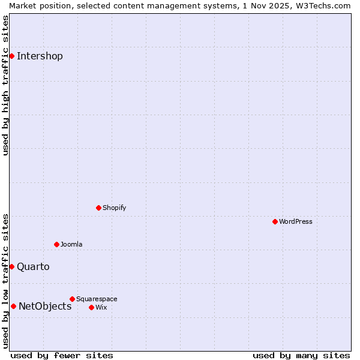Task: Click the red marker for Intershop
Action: pos(11,56)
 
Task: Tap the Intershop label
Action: pos(40,56)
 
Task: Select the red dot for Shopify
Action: pos(98,208)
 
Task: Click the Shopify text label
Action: pos(114,208)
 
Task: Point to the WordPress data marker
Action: pos(275,221)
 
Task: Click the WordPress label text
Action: pos(295,221)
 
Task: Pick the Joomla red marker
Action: pos(56,244)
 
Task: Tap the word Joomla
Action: pos(71,244)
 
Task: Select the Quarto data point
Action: pos(11,266)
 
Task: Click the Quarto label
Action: pos(33,267)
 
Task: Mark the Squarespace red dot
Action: pos(72,299)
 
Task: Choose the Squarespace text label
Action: pos(97,299)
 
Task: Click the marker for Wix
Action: pos(91,307)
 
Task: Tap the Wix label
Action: pos(101,307)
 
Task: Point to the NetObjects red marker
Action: pos(13,306)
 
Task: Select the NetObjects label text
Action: pos(45,307)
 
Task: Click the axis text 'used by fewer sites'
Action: pos(62,355)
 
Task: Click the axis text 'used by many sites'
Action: pos(301,355)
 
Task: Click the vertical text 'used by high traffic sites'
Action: pos(5,85)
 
